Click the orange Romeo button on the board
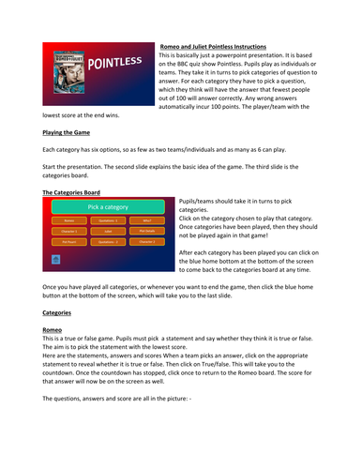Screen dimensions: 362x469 pyautogui.click(x=68, y=220)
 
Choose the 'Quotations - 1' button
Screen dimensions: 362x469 pyautogui.click(x=108, y=220)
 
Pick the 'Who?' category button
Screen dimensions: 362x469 pyautogui.click(x=147, y=220)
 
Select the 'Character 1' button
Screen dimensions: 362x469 pyautogui.click(x=68, y=231)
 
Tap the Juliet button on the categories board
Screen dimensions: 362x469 pyautogui.click(x=108, y=231)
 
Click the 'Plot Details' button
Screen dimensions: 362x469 pyautogui.click(x=147, y=231)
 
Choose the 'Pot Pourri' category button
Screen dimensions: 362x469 pyautogui.click(x=68, y=241)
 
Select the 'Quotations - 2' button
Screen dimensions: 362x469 pyautogui.click(x=108, y=241)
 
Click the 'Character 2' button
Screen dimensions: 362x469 pyautogui.click(x=147, y=241)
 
